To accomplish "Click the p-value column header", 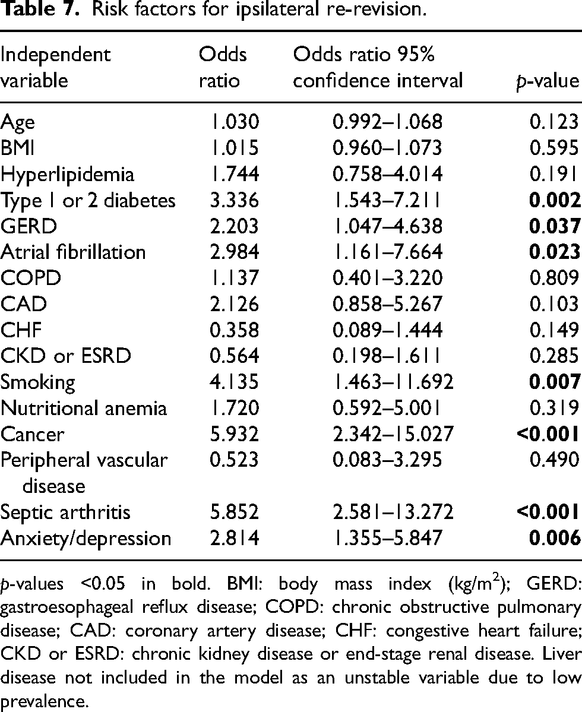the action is coord(548,81).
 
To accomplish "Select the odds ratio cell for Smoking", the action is coord(234,381).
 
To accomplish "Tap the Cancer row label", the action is coord(32,434).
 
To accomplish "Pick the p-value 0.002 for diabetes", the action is coord(555,200).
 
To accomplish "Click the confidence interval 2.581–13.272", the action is coord(393,512).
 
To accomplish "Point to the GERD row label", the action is coord(29,226).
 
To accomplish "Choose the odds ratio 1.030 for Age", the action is coord(234,122).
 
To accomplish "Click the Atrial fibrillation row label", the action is coord(73,252).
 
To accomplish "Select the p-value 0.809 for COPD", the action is coord(555,278).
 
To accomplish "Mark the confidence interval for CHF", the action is coord(387,330).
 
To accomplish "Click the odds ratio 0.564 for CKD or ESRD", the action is coord(234,356).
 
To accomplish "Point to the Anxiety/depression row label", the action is coord(86,539).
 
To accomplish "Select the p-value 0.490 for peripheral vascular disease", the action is coord(555,460).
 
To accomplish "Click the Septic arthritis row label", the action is coord(65,512).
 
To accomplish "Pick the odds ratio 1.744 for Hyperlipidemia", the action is coord(234,174).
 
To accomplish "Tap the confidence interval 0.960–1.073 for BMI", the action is coord(387,148).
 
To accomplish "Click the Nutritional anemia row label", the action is coord(84,408).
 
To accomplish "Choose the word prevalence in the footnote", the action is coord(43,701).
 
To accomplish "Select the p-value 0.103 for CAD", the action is coord(555,304).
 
